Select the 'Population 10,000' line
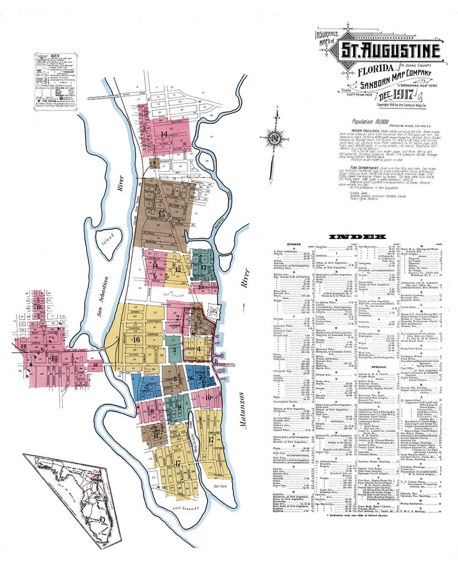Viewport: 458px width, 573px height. [x=368, y=122]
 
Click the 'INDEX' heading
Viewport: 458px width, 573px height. [x=357, y=236]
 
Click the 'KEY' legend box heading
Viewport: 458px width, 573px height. [x=55, y=56]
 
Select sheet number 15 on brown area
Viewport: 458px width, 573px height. [x=160, y=214]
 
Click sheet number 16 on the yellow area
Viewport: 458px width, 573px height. [x=136, y=339]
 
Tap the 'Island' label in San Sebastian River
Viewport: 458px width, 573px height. [x=108, y=237]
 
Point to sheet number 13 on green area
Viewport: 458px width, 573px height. [x=204, y=267]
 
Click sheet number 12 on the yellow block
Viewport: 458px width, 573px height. [x=178, y=269]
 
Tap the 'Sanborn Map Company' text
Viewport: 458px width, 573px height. [x=396, y=78]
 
